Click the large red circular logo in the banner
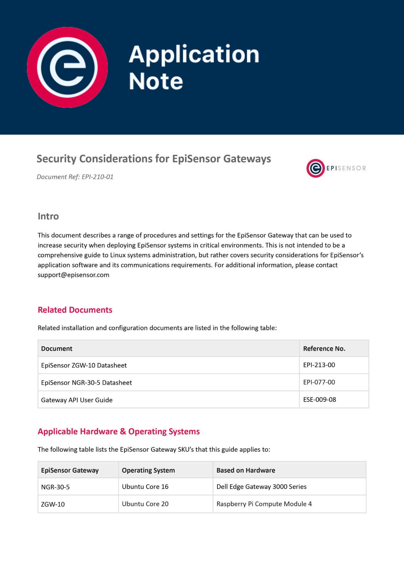coord(67,67)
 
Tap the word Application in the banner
coord(194,55)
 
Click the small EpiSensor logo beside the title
coord(336,168)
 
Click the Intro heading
coord(48,216)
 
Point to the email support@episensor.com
coord(73,275)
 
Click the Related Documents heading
coord(75,310)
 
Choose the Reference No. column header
coord(324,349)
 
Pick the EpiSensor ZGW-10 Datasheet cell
coord(84,365)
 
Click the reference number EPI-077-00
coord(319,382)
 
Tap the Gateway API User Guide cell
coord(77,400)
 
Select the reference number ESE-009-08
coord(319,400)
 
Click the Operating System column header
coord(148,471)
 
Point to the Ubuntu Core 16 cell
coord(145,487)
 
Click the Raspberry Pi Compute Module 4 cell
coord(264,504)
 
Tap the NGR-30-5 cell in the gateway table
coord(55,487)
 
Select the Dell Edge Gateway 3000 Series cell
coord(261,487)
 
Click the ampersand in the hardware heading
coord(123,431)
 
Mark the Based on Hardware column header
coord(246,471)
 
